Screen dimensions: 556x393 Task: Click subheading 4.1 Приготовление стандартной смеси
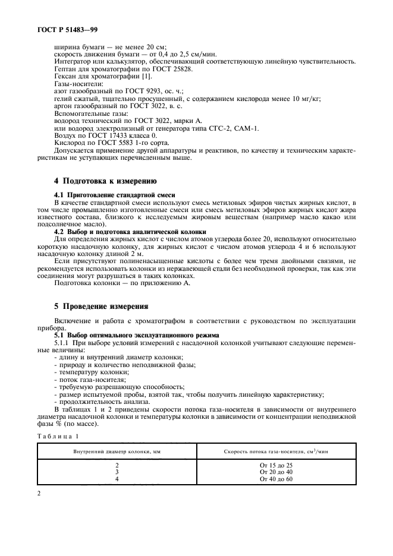(111, 195)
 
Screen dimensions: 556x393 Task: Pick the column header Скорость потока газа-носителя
(275, 452)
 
